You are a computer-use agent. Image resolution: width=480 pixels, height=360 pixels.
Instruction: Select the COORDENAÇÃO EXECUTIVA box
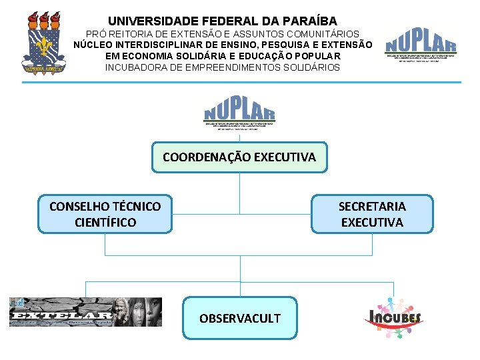(239, 157)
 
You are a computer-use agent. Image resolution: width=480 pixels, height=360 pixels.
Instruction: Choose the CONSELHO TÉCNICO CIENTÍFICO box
(105, 214)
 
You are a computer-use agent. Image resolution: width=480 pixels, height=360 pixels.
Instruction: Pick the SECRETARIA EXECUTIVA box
(372, 214)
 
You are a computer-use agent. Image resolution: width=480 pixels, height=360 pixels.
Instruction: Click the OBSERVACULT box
(240, 318)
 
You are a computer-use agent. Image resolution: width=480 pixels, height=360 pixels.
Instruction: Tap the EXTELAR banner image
(85, 312)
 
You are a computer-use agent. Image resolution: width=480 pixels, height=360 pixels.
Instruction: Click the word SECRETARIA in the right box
(372, 207)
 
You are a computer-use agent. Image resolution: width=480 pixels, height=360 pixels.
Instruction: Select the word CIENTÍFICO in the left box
(105, 222)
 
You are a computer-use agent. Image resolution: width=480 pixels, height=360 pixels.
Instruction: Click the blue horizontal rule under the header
(241, 82)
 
